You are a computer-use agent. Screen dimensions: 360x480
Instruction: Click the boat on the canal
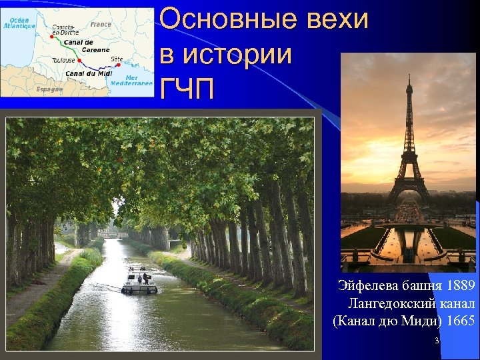click(139, 281)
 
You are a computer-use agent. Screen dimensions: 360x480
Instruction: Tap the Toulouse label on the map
click(63, 60)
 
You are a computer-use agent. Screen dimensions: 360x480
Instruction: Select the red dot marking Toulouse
click(79, 60)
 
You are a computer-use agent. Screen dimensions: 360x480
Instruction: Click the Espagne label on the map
click(49, 89)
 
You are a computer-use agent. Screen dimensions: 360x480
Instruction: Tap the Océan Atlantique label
click(20, 23)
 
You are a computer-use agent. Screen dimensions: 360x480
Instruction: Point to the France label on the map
click(101, 24)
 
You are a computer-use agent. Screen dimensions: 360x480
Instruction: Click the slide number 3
click(436, 341)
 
